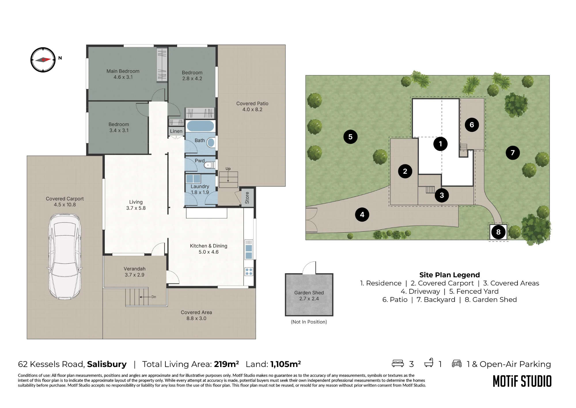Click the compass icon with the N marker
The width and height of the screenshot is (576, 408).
43,60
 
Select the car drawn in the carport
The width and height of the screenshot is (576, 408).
65,256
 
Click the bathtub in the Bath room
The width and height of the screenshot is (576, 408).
200,126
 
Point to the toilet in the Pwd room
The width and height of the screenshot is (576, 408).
209,165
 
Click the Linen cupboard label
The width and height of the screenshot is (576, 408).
176,131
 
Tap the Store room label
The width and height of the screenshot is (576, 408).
247,198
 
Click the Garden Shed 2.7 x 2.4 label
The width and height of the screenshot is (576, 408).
309,295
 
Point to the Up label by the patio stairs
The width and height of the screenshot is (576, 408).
228,169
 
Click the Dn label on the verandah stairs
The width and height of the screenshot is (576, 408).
154,297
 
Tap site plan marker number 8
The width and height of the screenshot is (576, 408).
498,232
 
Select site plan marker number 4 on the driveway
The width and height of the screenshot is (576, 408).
362,215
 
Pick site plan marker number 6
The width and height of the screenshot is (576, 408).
472,125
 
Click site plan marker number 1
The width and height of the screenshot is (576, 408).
440,144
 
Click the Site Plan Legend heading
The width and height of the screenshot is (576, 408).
450,275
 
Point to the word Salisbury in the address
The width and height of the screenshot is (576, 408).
107,364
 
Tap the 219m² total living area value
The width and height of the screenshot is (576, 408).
226,364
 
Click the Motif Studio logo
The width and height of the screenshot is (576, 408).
522,381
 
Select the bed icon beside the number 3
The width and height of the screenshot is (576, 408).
398,363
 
